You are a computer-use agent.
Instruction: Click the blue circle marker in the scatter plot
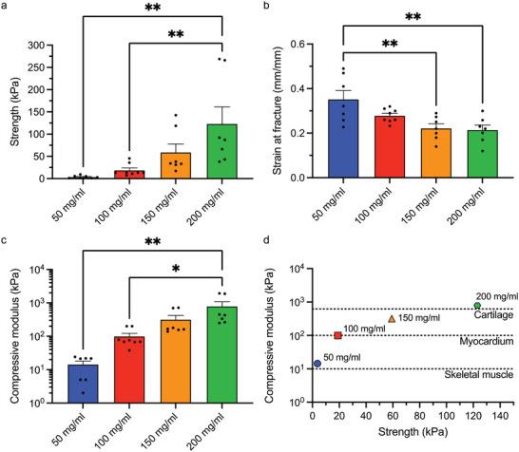317,364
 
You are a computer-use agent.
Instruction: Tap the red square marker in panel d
337,335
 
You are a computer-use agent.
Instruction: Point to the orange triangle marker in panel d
391,319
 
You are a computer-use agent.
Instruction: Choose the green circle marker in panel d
477,306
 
